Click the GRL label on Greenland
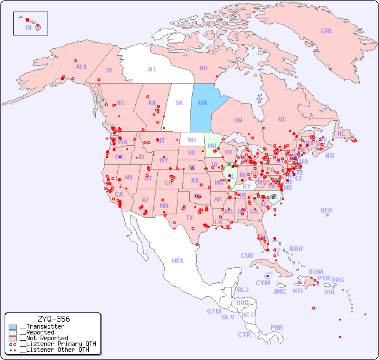point(327,31)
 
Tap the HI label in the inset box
point(28,27)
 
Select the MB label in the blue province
point(203,103)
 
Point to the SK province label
point(179,103)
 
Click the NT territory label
point(151,69)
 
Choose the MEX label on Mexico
point(177,261)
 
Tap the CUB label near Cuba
point(247,255)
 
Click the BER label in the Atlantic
point(326,210)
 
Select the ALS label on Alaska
point(81,67)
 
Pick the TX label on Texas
point(189,218)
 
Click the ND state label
point(192,140)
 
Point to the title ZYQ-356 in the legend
point(53,319)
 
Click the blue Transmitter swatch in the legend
point(12,327)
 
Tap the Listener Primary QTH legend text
point(57,344)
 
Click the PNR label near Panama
point(277,327)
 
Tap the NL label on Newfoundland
point(341,134)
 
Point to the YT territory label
point(109,70)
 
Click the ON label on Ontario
point(238,120)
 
